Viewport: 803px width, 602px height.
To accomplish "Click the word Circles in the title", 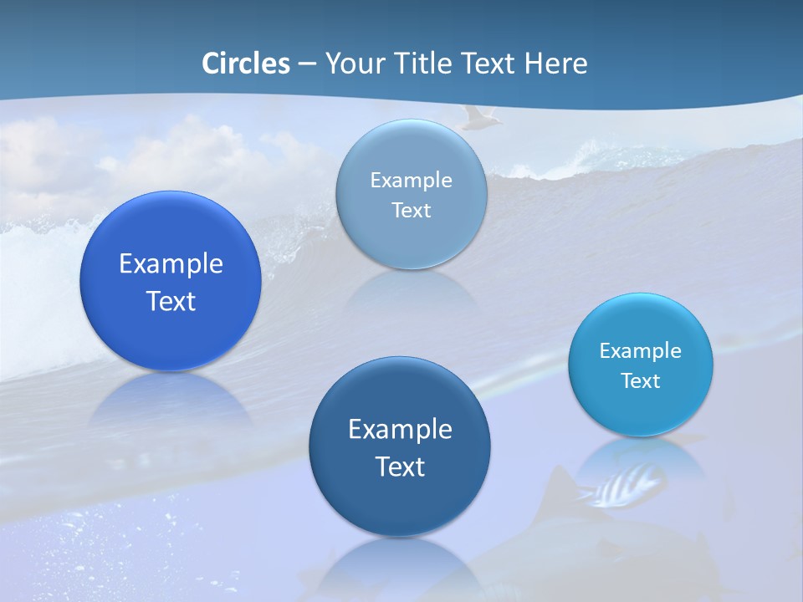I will click(245, 64).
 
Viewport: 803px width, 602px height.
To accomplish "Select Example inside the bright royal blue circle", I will click(171, 264).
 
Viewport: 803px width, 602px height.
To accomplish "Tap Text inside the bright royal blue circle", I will click(171, 301).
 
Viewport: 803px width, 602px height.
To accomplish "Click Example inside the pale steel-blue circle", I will click(411, 181).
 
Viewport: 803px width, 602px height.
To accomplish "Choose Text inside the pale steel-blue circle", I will click(411, 211).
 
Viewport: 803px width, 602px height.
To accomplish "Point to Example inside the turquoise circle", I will click(640, 351).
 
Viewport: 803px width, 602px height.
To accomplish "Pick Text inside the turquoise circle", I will click(640, 381).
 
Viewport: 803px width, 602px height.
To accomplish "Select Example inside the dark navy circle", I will click(400, 430).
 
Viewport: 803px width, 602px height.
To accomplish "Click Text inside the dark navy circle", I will click(400, 467).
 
